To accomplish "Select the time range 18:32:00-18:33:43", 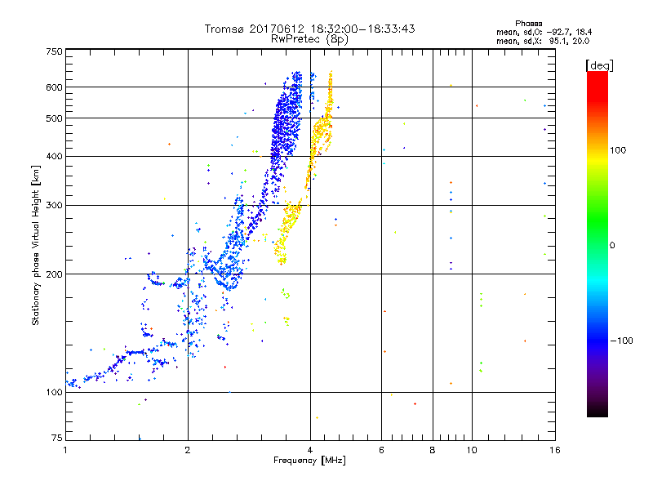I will coord(357,29).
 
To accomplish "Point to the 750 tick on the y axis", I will coord(55,51).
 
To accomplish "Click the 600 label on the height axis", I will coord(55,87).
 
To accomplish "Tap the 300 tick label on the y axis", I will coord(55,206).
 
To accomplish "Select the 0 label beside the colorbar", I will coord(613,245).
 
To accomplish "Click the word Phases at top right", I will coord(529,23).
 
